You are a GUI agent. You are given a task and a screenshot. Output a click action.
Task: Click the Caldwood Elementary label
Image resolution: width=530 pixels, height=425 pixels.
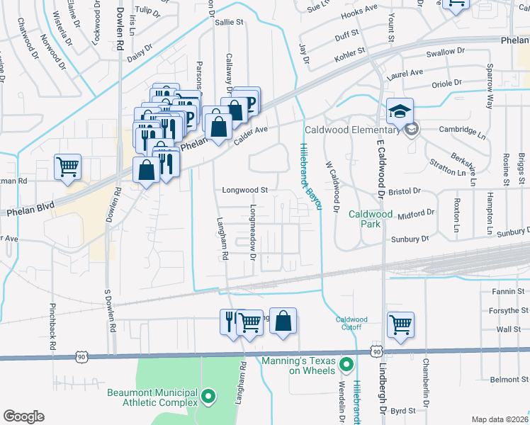click(351, 130)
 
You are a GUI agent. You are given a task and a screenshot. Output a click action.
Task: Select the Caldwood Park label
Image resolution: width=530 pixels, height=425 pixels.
click(370, 218)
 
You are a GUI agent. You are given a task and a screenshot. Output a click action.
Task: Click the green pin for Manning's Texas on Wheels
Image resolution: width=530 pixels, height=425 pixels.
click(346, 365)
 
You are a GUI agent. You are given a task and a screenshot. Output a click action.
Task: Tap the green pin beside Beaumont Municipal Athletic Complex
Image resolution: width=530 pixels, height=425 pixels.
click(208, 397)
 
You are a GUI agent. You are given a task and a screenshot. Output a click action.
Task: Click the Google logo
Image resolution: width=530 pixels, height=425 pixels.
click(24, 416)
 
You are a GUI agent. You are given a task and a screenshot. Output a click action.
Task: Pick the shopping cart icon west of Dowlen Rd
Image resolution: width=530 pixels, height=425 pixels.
click(67, 167)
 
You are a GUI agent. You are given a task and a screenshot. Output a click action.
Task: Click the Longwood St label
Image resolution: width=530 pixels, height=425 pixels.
click(245, 190)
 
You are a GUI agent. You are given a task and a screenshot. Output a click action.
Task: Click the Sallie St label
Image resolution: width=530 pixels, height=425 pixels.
click(229, 23)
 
